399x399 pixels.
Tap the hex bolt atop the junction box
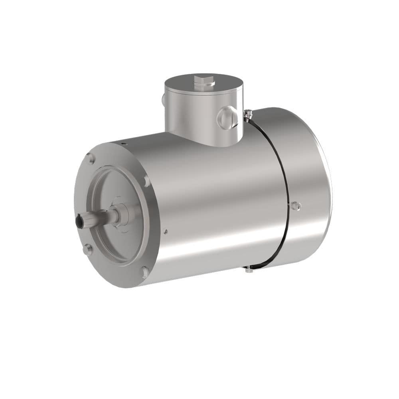(204, 81)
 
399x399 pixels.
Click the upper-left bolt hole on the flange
(91, 159)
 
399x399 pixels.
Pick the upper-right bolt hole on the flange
(146, 181)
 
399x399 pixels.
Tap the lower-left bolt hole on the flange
(87, 249)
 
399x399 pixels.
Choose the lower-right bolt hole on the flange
(145, 272)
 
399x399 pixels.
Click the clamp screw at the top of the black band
(248, 115)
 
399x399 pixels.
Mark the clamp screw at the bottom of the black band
(249, 270)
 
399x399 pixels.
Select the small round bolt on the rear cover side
(295, 206)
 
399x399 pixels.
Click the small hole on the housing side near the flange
(166, 231)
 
